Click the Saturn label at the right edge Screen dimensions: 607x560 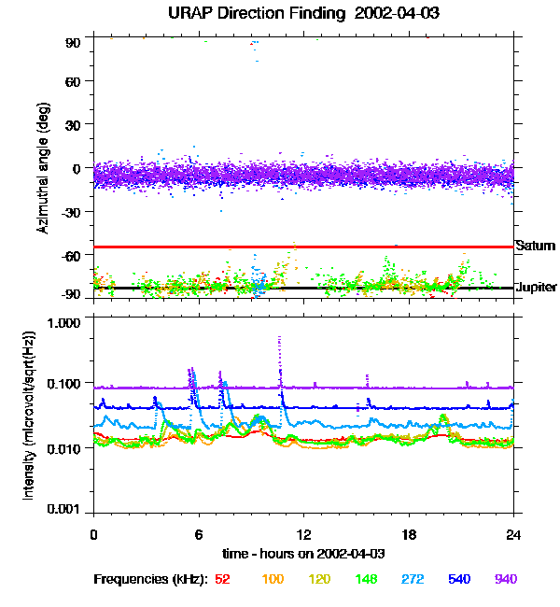point(535,246)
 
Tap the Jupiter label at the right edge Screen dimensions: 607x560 point(537,287)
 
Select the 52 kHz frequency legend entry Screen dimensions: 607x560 point(222,579)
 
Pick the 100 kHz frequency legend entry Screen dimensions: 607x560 point(273,579)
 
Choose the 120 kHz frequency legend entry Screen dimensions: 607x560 point(320,579)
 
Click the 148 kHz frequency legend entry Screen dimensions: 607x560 point(367,579)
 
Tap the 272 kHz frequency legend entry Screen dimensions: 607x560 point(413,579)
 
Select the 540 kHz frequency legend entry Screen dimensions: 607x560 point(459,579)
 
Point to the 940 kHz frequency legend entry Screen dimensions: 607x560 point(505,579)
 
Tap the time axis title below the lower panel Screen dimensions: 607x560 point(303,553)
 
